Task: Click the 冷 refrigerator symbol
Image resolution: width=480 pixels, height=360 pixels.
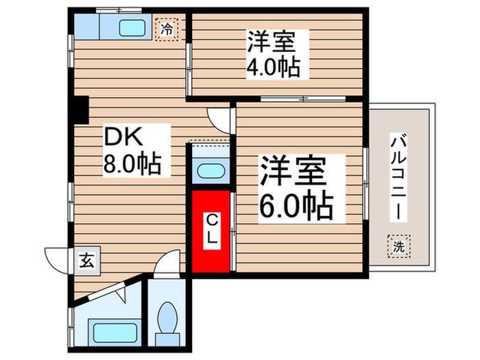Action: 167,29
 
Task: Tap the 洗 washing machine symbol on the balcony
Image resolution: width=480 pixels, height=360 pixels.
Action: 398,246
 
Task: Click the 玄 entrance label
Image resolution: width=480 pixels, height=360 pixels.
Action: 87,261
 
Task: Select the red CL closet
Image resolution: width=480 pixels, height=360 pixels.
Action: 211,232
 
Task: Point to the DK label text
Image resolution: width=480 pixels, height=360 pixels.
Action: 123,137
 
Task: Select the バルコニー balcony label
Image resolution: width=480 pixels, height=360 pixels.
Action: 398,177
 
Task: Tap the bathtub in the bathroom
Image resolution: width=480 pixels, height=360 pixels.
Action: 115,333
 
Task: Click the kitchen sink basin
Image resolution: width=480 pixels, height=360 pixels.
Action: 132,28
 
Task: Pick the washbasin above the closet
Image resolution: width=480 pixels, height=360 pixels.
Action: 211,171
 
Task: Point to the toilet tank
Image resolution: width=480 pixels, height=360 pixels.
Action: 167,339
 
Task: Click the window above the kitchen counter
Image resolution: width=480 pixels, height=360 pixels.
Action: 119,10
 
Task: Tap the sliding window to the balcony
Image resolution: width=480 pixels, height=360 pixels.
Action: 365,183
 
